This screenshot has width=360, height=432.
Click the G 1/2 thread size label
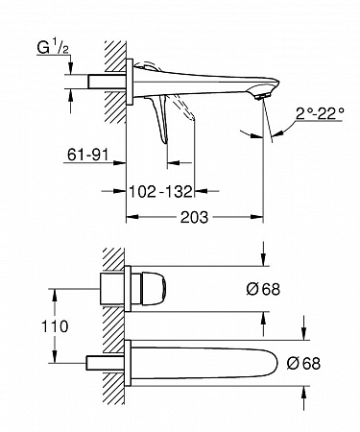coord(53,48)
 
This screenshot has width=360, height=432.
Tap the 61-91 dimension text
coord(87,156)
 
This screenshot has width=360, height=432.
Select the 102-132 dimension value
coord(160,191)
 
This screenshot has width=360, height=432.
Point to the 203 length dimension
coord(194,217)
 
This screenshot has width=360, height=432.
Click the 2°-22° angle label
coord(320,113)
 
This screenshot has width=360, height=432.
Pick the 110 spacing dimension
coord(55,326)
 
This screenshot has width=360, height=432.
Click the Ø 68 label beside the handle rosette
coord(263,289)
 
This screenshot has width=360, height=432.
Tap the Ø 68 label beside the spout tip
coord(303,363)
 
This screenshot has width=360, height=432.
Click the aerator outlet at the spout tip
coord(262,96)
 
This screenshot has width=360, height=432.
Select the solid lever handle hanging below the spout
coord(160,118)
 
